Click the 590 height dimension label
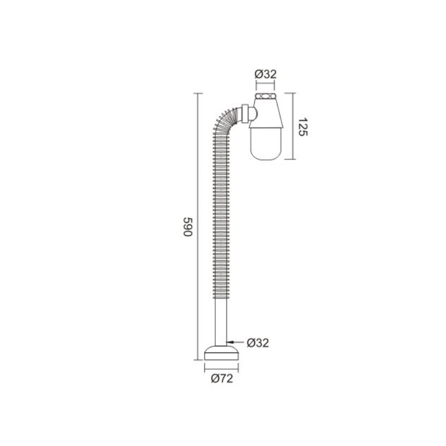(x=188, y=227)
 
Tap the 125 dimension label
(x=303, y=127)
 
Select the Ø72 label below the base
(x=222, y=379)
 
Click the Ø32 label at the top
(x=265, y=74)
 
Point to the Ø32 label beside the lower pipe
(x=258, y=343)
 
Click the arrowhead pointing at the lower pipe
(x=230, y=342)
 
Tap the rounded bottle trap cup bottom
(x=266, y=144)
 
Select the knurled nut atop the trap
(x=266, y=96)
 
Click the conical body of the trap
(x=266, y=113)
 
